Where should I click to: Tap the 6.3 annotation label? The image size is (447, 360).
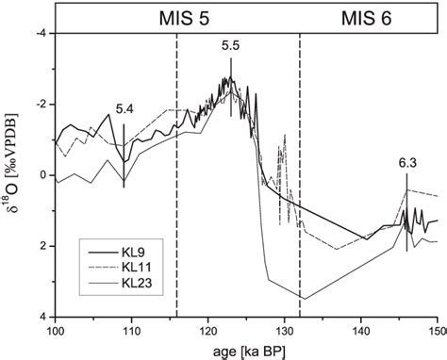[x=407, y=163]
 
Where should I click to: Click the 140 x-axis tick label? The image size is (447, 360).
[x=362, y=332]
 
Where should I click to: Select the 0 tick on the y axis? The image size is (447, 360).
[x=42, y=175]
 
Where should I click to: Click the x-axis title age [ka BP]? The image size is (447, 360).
[x=246, y=351]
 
